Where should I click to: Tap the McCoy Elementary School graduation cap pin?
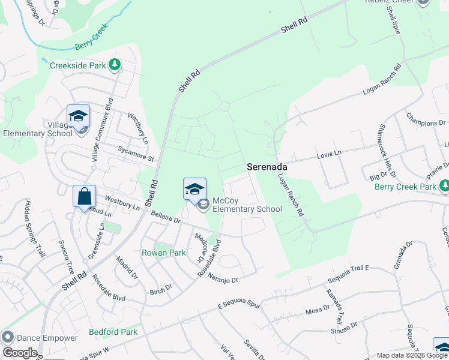194,189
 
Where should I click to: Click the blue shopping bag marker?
84,196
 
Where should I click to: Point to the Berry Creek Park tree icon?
444,187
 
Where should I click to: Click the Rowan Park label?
164,253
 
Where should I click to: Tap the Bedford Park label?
113,332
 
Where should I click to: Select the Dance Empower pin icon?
7,338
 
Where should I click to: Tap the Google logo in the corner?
20,353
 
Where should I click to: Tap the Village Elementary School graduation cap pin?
78,116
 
